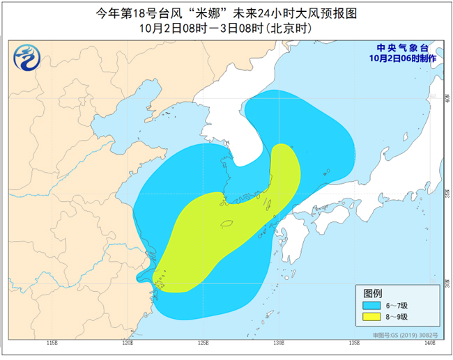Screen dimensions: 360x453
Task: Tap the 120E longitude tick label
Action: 127,343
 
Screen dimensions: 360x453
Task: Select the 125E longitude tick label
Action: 203,343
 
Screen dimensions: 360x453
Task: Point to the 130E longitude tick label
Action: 279,343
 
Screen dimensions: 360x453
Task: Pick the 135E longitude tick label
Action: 354,343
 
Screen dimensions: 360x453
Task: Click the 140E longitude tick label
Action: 429,343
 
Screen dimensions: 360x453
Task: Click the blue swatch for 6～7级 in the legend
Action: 371,305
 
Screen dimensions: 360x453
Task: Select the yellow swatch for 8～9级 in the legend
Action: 371,318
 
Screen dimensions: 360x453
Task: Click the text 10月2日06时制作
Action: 404,58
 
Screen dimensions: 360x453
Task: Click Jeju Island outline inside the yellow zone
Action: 227,224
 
